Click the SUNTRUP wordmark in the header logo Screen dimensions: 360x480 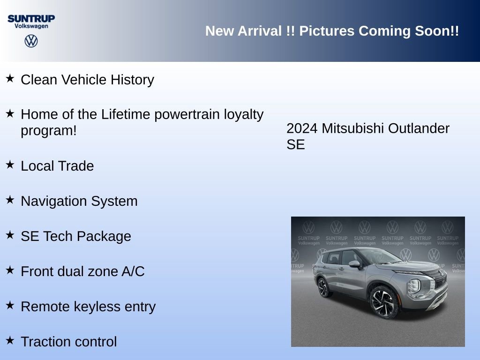31,18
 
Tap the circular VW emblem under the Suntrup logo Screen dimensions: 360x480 31,41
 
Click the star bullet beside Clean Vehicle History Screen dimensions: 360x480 10,78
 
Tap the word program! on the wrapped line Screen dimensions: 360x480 48,131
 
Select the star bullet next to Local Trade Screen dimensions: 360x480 10,165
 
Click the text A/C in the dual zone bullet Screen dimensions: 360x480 132,271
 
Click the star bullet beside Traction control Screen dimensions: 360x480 10,340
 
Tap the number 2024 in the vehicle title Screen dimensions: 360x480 302,128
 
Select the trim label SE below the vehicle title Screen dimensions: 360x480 295,145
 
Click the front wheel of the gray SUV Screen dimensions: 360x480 384,301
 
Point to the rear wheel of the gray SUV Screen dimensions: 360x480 323,287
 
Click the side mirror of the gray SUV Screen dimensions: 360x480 354,264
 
